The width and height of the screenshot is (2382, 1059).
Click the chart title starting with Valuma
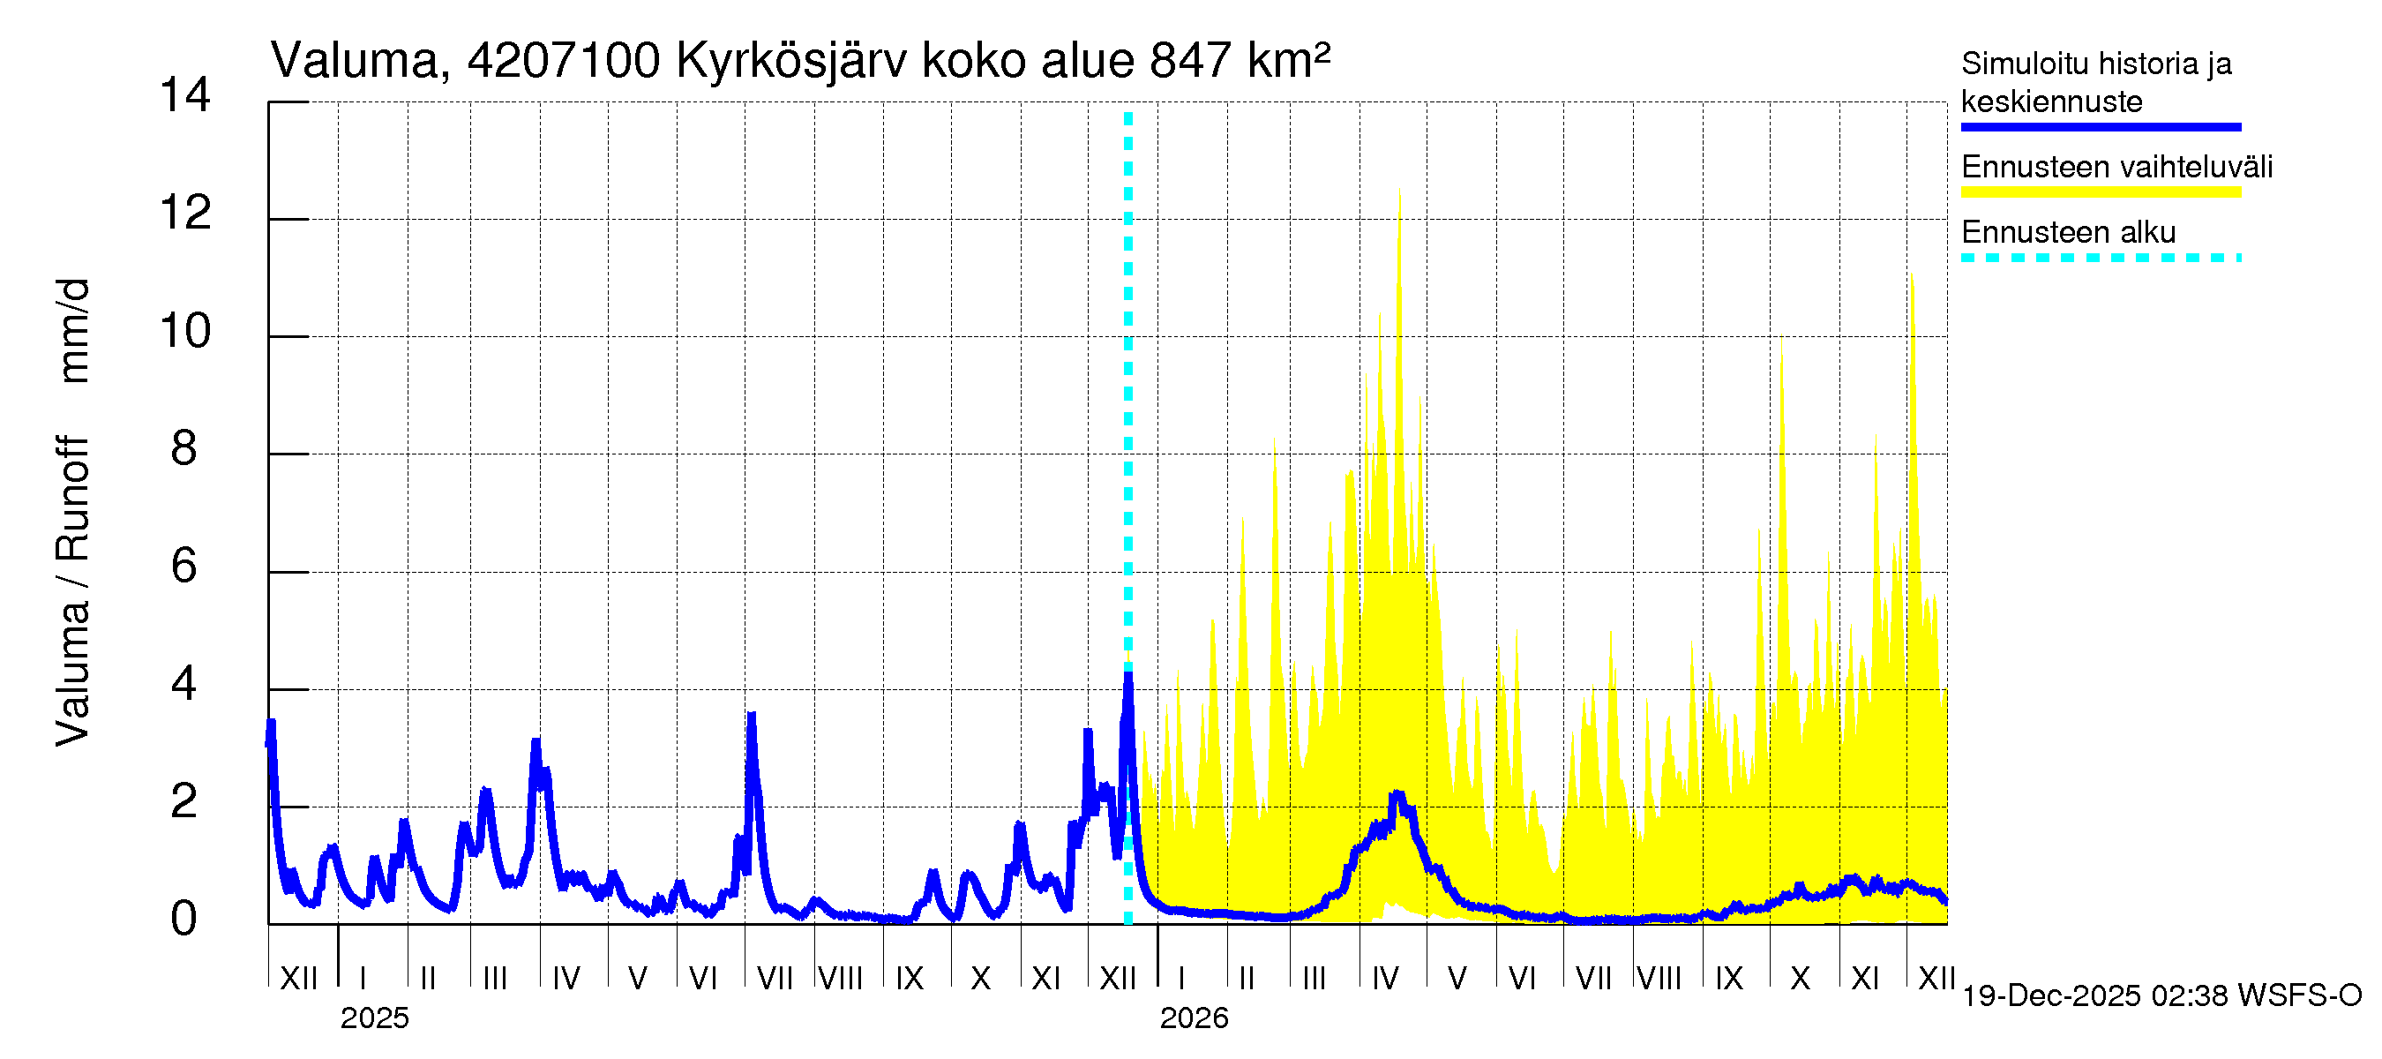[800, 61]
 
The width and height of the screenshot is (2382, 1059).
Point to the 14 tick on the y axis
[185, 95]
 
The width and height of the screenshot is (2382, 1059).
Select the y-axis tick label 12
[185, 214]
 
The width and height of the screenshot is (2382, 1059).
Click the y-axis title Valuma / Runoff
[72, 592]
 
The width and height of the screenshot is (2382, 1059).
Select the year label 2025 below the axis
[374, 1018]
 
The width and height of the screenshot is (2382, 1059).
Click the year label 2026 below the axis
[1194, 1018]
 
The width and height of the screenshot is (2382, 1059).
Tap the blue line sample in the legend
[2100, 128]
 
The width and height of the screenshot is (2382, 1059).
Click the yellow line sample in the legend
[2100, 192]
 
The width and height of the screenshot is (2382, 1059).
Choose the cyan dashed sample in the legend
[2100, 258]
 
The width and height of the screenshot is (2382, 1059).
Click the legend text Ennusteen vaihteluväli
[2116, 168]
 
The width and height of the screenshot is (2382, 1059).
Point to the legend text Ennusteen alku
[2069, 232]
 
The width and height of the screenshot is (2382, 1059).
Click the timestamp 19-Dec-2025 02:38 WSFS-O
[2161, 996]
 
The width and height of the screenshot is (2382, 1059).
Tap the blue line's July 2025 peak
[752, 717]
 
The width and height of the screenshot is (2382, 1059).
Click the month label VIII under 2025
[841, 978]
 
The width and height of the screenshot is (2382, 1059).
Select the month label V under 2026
[1457, 978]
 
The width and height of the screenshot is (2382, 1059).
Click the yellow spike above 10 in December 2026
[1910, 277]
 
